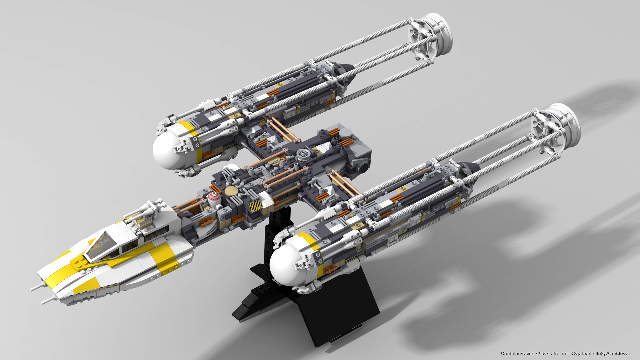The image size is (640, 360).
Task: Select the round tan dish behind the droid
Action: pyautogui.click(x=231, y=191)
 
